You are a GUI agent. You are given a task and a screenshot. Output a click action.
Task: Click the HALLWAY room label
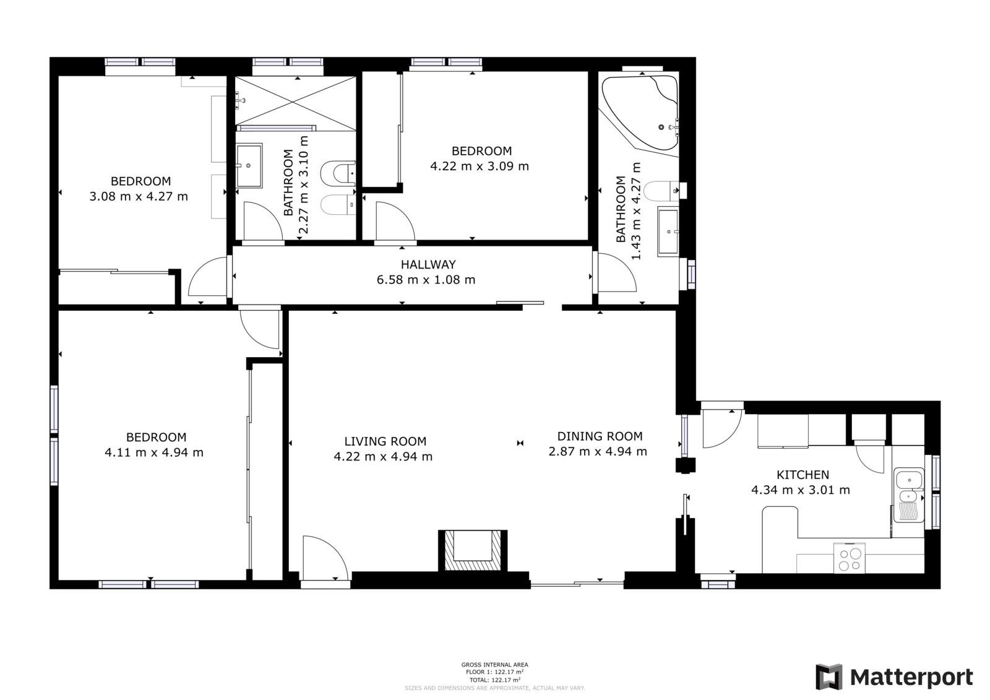click(x=428, y=264)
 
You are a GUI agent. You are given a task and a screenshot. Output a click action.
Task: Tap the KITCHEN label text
click(x=803, y=475)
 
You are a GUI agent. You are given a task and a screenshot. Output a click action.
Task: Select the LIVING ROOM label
click(x=385, y=441)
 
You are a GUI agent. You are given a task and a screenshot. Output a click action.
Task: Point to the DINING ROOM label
click(x=600, y=436)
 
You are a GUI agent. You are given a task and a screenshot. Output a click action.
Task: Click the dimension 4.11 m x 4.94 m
click(x=154, y=452)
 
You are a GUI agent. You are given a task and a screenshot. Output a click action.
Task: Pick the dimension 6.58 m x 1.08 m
click(x=426, y=280)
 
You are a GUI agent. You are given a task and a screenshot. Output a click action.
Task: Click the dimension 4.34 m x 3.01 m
click(x=801, y=490)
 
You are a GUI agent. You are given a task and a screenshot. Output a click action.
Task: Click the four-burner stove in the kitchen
click(x=850, y=559)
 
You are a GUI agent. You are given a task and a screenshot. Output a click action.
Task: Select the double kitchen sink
click(x=909, y=495)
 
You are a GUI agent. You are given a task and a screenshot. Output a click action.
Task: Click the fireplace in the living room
click(x=473, y=550)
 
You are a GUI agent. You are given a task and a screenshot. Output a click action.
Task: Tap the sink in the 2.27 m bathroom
click(x=249, y=165)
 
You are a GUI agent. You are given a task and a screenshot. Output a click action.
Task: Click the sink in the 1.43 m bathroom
click(x=668, y=231)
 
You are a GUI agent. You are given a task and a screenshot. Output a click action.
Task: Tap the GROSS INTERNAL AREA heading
click(x=494, y=665)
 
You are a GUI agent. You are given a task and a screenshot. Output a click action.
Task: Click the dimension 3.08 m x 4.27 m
click(x=139, y=196)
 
